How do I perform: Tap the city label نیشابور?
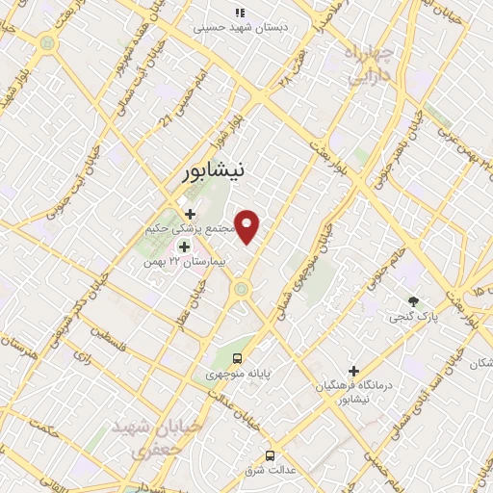pyautogui.click(x=213, y=171)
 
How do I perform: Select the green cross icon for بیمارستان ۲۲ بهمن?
pyautogui.click(x=184, y=247)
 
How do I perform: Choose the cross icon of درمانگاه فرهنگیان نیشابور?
pyautogui.click(x=353, y=370)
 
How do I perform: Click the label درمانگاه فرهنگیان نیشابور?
pyautogui.click(x=354, y=392)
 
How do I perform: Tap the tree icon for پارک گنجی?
pyautogui.click(x=414, y=301)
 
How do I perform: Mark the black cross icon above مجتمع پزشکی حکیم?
pyautogui.click(x=190, y=214)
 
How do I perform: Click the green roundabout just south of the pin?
pyautogui.click(x=241, y=288)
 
